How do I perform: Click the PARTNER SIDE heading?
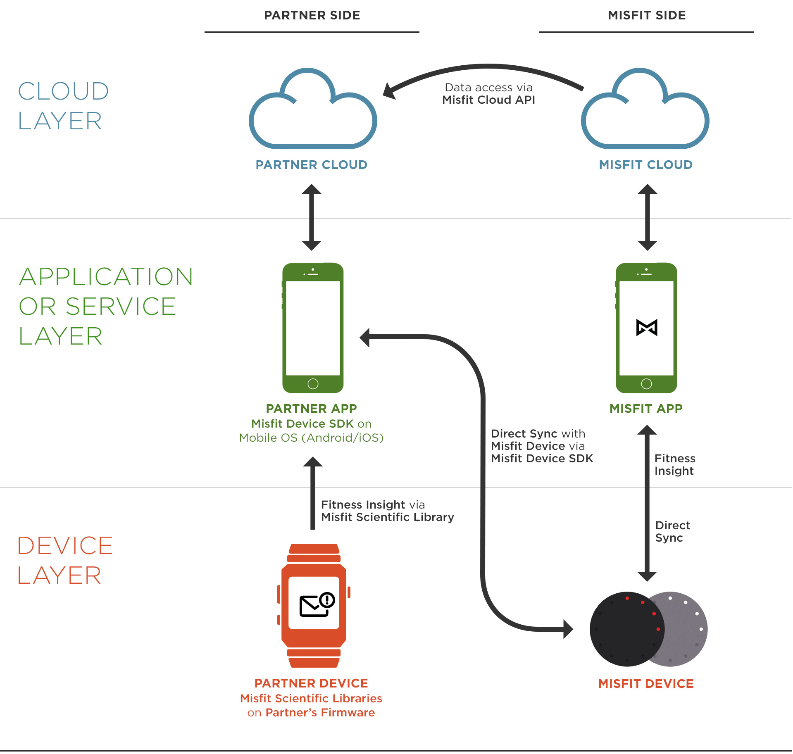point(312,15)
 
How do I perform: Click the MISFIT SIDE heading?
point(647,15)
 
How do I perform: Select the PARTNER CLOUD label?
point(311,165)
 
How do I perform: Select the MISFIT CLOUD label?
point(645,165)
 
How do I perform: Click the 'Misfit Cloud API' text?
point(488,100)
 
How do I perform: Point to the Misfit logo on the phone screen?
point(647,328)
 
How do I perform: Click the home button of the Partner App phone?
point(313,384)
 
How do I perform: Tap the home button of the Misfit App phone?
point(646,384)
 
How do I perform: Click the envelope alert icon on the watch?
point(317,604)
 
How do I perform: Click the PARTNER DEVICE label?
point(311,683)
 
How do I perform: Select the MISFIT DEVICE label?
point(646,684)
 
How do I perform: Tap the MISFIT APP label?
point(646,409)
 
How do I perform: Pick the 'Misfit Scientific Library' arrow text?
point(387,517)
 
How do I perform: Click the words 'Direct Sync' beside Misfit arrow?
point(672,531)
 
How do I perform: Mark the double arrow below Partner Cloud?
point(312,217)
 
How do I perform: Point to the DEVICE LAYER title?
point(65,560)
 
